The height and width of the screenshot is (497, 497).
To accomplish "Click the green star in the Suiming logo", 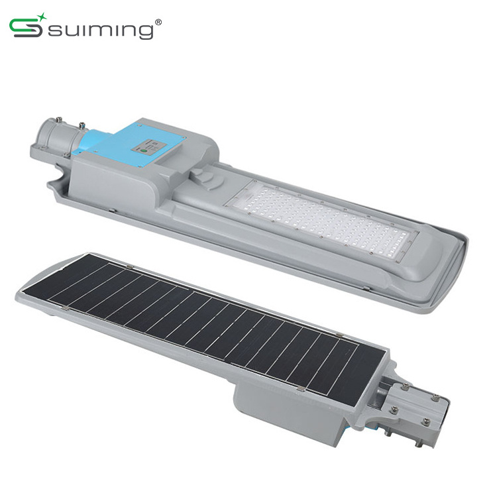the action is pos(41,17).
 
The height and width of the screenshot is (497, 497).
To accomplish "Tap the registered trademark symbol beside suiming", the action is pos(158,22).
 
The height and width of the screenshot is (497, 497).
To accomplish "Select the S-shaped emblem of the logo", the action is pos(26,28).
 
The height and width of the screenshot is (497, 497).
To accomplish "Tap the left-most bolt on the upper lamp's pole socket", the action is pos(59,120).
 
